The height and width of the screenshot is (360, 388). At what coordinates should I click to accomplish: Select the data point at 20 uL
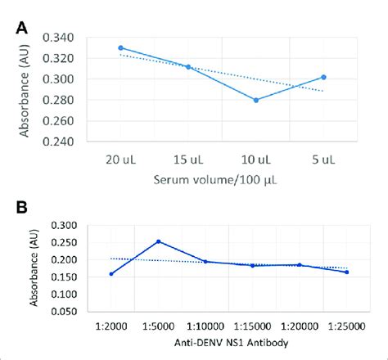[121, 48]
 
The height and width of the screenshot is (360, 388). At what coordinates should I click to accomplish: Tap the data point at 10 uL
[255, 100]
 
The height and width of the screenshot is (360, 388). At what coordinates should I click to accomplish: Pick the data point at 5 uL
[323, 77]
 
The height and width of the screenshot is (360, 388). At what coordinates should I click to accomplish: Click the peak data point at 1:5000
[158, 241]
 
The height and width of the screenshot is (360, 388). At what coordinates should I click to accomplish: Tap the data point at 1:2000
[111, 273]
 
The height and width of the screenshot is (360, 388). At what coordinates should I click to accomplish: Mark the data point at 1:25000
[347, 272]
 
